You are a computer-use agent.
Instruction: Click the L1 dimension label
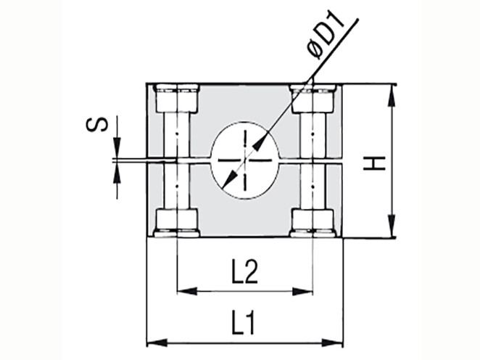click(243, 322)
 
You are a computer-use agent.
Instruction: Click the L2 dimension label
click(244, 271)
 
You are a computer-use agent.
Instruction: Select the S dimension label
click(97, 124)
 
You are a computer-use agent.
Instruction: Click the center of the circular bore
click(245, 160)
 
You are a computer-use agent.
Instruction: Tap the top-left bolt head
click(177, 98)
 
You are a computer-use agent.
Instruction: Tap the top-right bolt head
click(313, 98)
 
